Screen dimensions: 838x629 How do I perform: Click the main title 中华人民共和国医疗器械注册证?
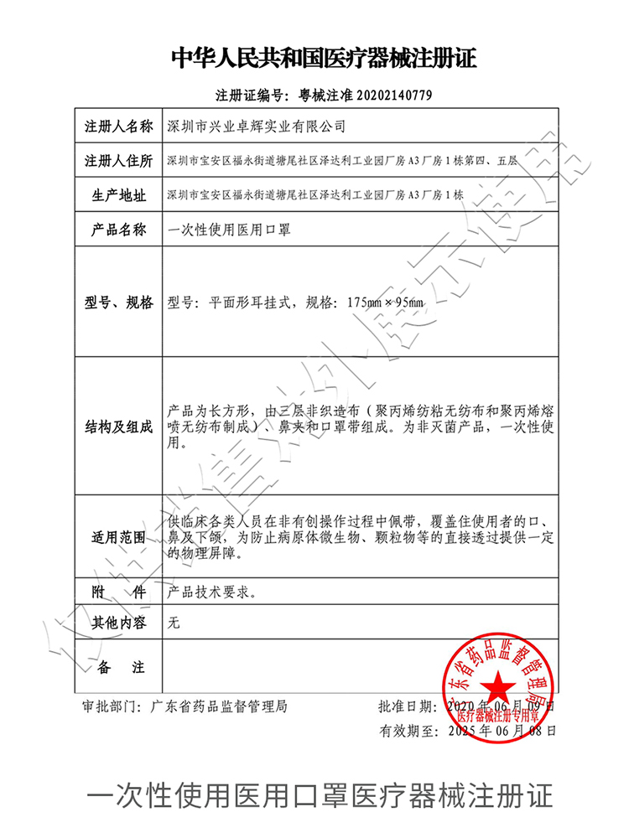pyautogui.click(x=324, y=59)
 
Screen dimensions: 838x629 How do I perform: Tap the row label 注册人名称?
pyautogui.click(x=118, y=127)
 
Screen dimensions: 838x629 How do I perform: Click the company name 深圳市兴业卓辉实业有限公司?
pyautogui.click(x=257, y=127)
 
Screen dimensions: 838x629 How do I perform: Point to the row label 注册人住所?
pyautogui.click(x=118, y=161)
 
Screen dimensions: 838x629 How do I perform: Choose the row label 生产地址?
pyautogui.click(x=118, y=195)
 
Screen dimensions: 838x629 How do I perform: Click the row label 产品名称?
pyautogui.click(x=118, y=230)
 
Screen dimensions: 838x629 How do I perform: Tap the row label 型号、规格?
pyautogui.click(x=118, y=303)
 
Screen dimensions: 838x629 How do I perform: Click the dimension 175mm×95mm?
pyautogui.click(x=385, y=303)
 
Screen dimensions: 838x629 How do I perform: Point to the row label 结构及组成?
pyautogui.click(x=118, y=427)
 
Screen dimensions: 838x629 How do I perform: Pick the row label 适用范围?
pyautogui.click(x=118, y=536)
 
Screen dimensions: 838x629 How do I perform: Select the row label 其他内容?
pyautogui.click(x=118, y=623)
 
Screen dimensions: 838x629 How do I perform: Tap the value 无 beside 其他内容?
pyautogui.click(x=174, y=623)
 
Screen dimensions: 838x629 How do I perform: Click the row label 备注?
pyautogui.click(x=118, y=668)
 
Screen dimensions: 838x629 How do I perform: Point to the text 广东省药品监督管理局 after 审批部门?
pyautogui.click(x=219, y=706)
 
